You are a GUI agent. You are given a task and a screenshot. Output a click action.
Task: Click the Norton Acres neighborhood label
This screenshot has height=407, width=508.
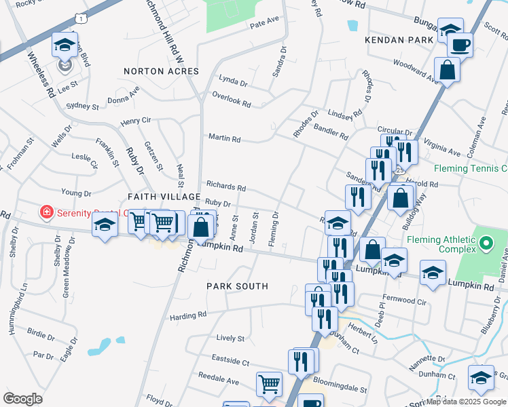pyautogui.click(x=161, y=71)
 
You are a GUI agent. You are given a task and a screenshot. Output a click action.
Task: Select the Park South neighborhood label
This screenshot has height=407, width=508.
pyautogui.click(x=237, y=286)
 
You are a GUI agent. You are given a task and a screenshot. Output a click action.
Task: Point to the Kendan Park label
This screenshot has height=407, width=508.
pyautogui.click(x=399, y=41)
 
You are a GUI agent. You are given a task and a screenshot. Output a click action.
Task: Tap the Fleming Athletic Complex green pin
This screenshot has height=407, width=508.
pyautogui.click(x=485, y=242)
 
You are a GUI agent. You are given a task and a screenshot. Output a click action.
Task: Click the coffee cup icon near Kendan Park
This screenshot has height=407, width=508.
pyautogui.click(x=460, y=45)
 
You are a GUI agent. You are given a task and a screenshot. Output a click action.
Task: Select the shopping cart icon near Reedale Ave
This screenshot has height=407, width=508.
pyautogui.click(x=269, y=384)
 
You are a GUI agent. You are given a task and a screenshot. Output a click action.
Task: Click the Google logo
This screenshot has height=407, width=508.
pyautogui.click(x=22, y=398)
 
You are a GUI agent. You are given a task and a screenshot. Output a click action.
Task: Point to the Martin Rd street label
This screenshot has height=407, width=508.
pyautogui.click(x=225, y=139)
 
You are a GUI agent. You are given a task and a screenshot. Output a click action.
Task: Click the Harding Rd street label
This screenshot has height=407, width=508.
pyautogui.click(x=188, y=315)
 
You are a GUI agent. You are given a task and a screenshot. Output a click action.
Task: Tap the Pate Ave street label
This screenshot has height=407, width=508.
pyautogui.click(x=265, y=22)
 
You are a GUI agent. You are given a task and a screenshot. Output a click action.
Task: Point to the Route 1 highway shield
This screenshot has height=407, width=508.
pyautogui.click(x=81, y=18)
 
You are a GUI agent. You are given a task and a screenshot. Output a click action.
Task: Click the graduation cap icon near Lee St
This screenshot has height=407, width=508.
pyautogui.click(x=65, y=45)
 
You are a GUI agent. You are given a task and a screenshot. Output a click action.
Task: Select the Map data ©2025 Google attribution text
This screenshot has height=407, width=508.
pyautogui.click(x=465, y=402)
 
